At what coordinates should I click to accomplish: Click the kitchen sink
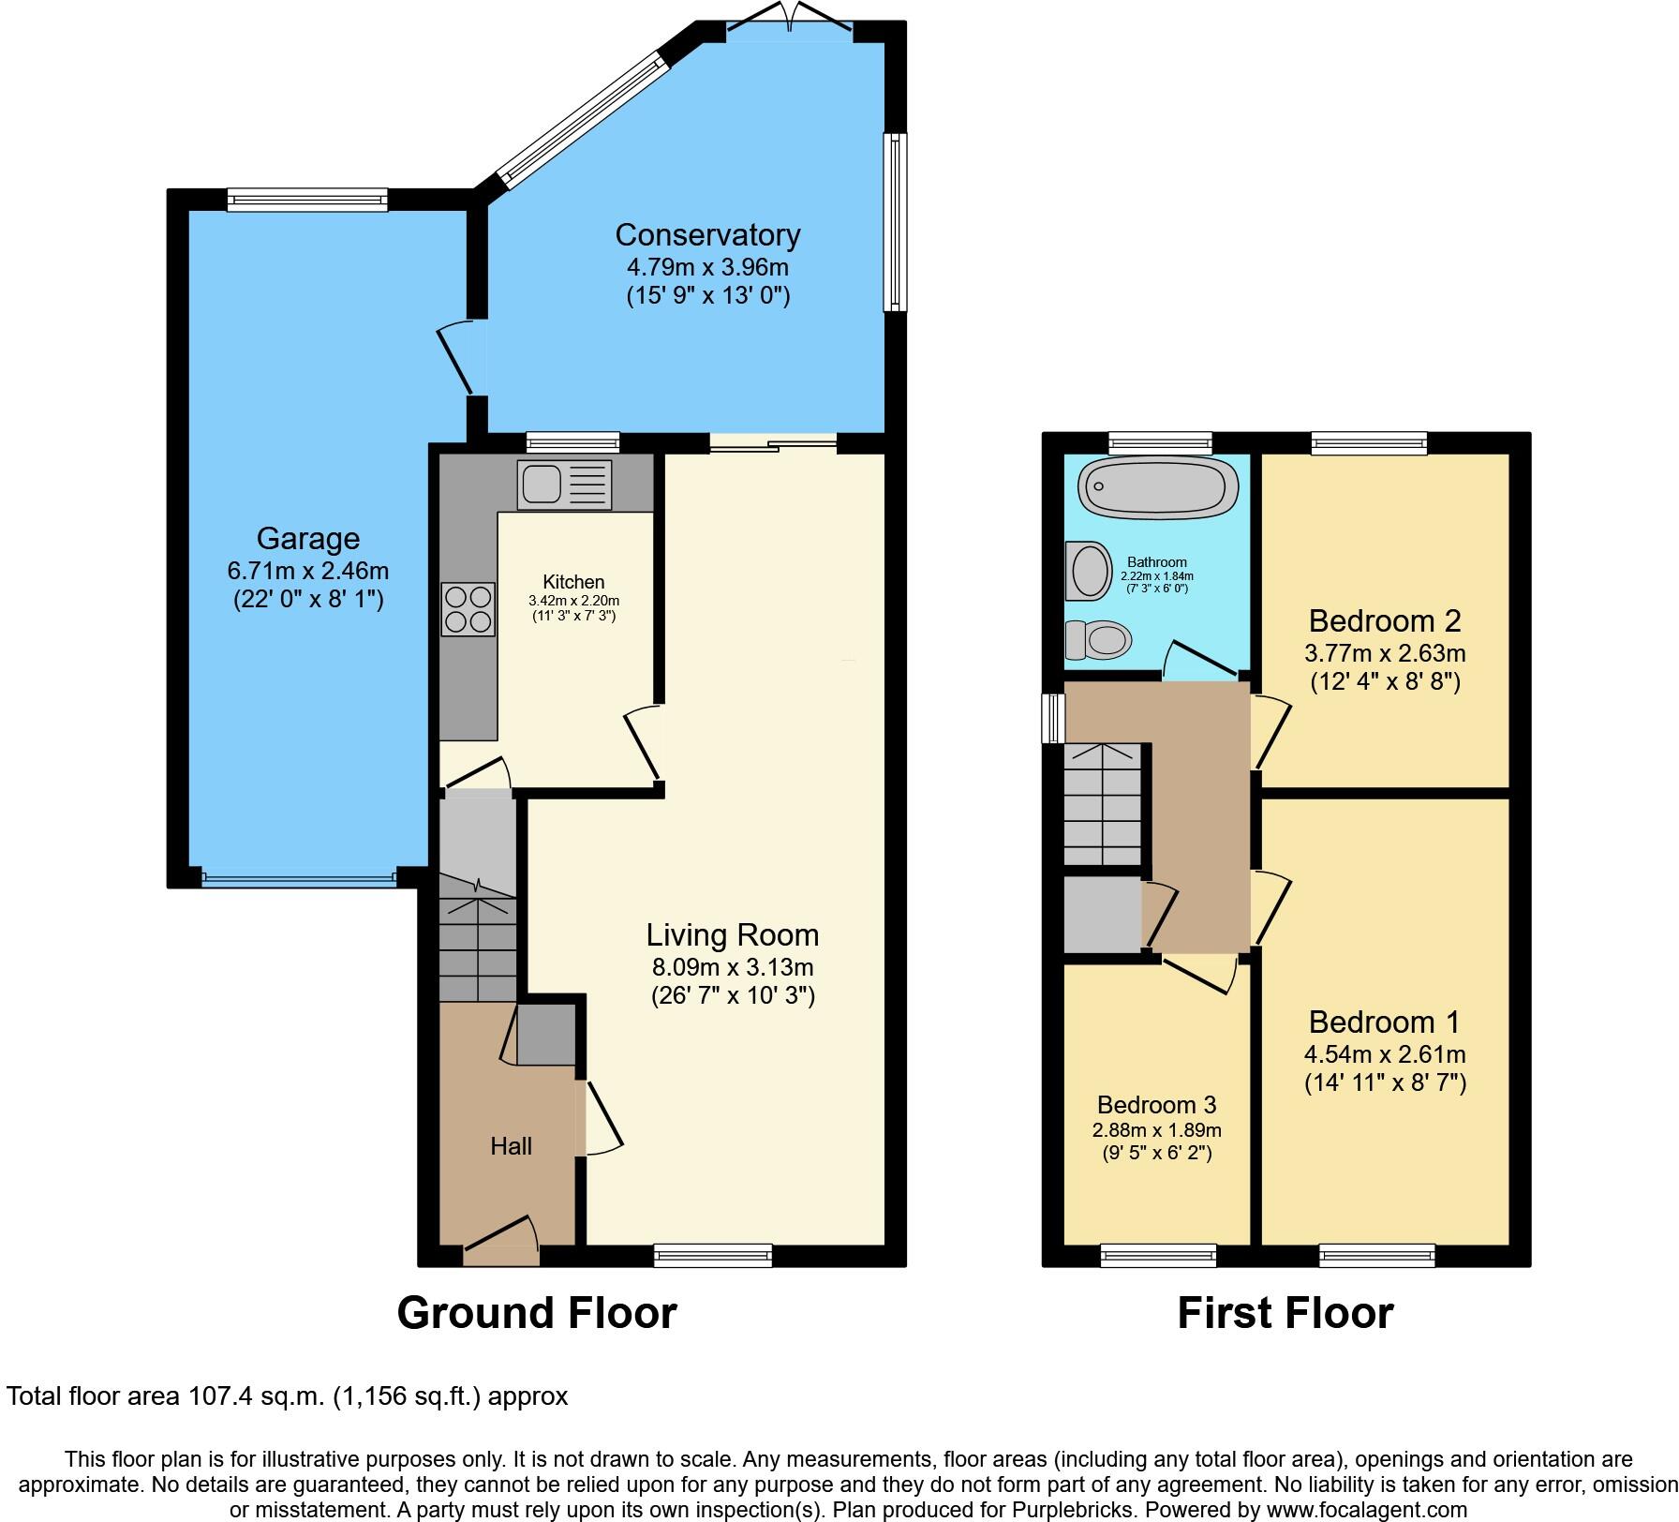click(x=563, y=485)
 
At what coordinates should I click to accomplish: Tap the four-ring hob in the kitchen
click(x=468, y=609)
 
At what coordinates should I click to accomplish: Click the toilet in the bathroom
click(x=1100, y=641)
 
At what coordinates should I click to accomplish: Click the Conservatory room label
click(x=707, y=234)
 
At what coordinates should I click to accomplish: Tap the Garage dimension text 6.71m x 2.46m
click(x=308, y=570)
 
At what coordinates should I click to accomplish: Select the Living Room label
click(x=733, y=934)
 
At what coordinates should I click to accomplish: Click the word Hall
click(x=511, y=1145)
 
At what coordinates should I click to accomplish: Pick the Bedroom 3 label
click(x=1156, y=1104)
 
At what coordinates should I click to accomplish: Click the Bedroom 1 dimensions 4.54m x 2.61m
click(x=1385, y=1053)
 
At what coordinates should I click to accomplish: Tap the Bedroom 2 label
click(x=1385, y=620)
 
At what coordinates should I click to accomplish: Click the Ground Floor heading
click(x=537, y=1312)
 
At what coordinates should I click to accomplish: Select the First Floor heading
click(x=1285, y=1312)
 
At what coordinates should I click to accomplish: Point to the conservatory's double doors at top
click(x=790, y=21)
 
